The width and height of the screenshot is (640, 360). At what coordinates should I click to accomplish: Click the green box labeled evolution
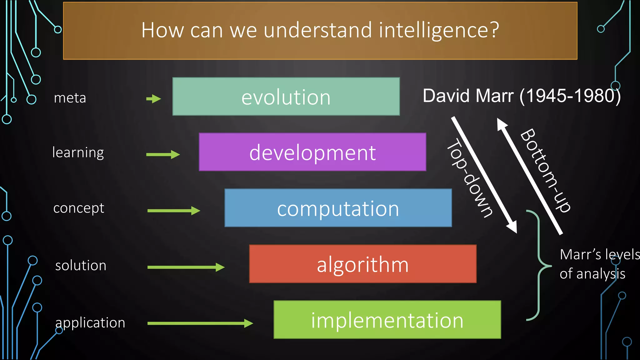tap(286, 97)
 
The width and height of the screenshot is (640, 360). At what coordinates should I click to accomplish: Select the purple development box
tap(312, 152)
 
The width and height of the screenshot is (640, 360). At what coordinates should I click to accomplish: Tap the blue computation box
tap(338, 208)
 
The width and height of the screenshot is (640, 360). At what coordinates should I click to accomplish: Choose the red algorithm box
tap(363, 264)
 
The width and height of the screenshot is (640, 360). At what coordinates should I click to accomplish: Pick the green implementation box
tap(387, 320)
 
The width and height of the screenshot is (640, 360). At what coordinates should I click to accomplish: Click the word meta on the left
tap(70, 98)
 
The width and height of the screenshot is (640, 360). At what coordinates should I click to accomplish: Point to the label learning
tap(78, 153)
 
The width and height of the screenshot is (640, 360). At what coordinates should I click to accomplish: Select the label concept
tap(79, 208)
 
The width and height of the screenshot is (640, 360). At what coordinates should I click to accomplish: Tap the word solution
tap(81, 266)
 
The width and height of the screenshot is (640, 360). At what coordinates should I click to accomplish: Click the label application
tap(90, 323)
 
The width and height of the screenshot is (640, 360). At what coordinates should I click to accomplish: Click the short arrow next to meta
tap(153, 99)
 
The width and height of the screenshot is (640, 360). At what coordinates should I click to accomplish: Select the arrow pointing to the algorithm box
tap(186, 267)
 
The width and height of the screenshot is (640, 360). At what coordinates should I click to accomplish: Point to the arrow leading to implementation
tap(200, 323)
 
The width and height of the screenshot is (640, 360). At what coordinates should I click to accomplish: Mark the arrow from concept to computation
tap(173, 211)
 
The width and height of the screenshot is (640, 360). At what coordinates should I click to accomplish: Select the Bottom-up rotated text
tap(546, 170)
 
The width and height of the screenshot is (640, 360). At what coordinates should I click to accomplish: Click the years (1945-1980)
tap(570, 96)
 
